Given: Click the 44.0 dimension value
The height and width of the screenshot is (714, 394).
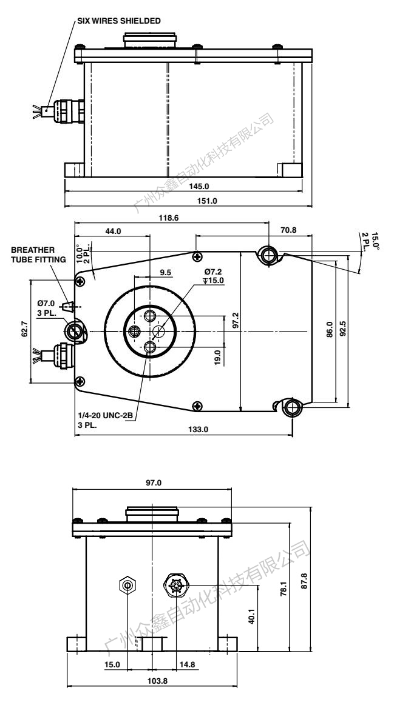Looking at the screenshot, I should pos(114,231).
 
